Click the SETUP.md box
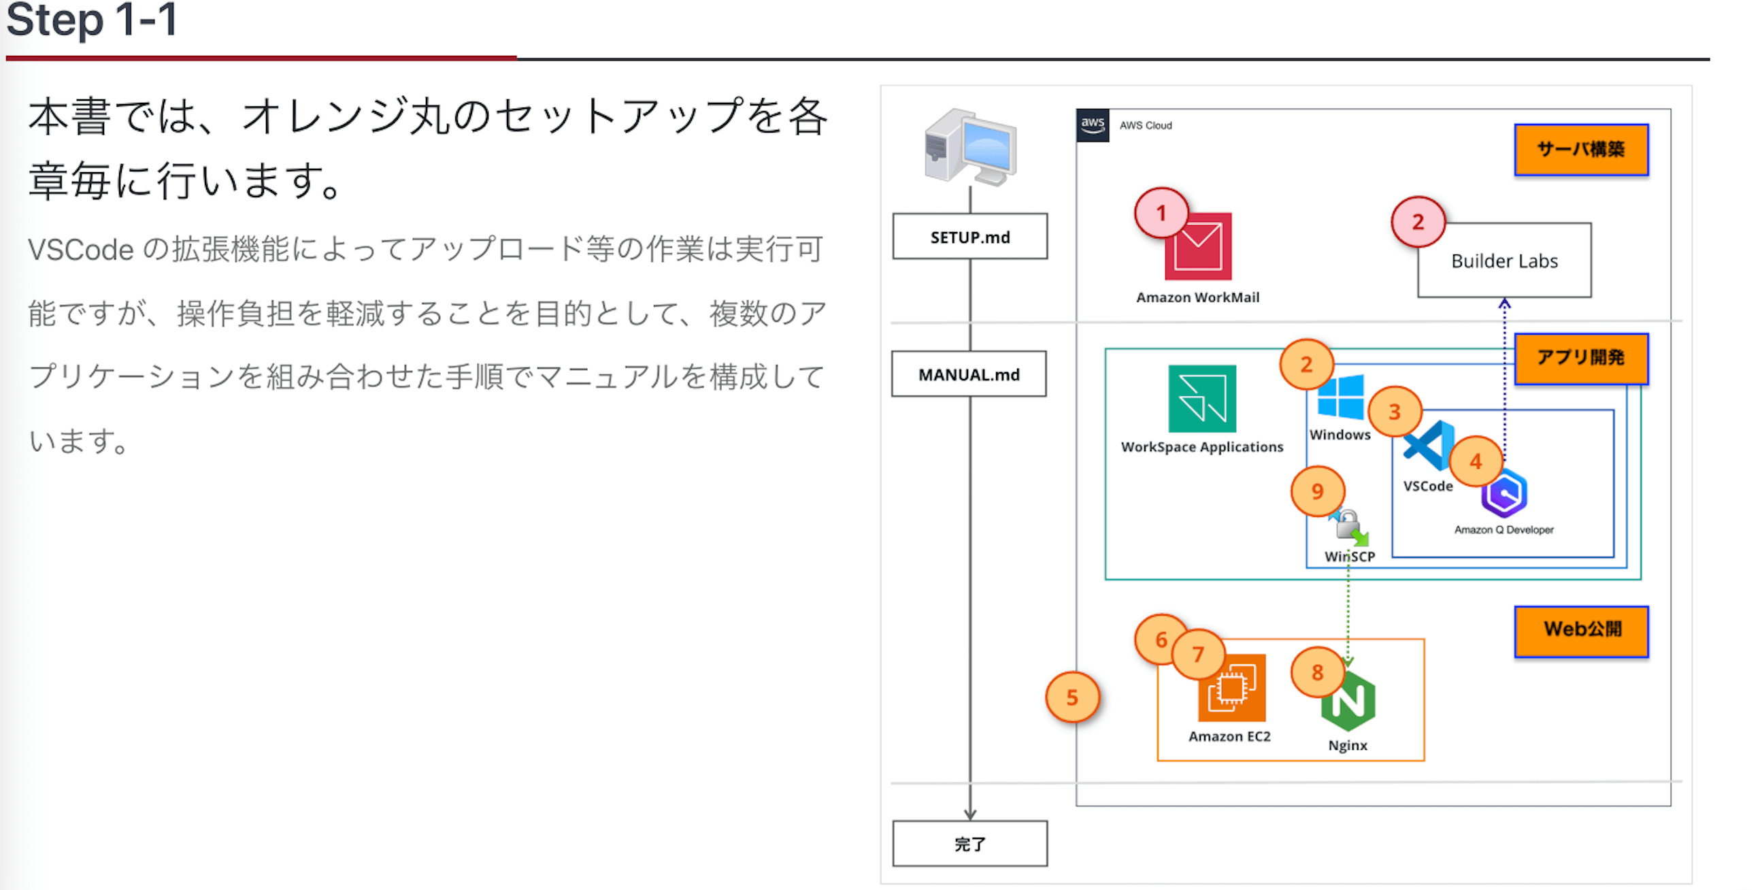[x=969, y=237]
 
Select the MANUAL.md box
[x=969, y=374]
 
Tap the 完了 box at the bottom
[x=969, y=844]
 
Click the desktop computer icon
[x=970, y=146]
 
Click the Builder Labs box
[x=1504, y=260]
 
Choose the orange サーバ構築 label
[x=1581, y=149]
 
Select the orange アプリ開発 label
[x=1581, y=358]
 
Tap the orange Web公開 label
[x=1581, y=630]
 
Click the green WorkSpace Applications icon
[x=1202, y=399]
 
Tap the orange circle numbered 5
[x=1072, y=697]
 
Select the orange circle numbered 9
[x=1317, y=491]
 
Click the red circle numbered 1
[x=1161, y=213]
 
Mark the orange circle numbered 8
[x=1317, y=672]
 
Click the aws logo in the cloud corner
[x=1093, y=125]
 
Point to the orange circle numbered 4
[x=1476, y=462]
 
